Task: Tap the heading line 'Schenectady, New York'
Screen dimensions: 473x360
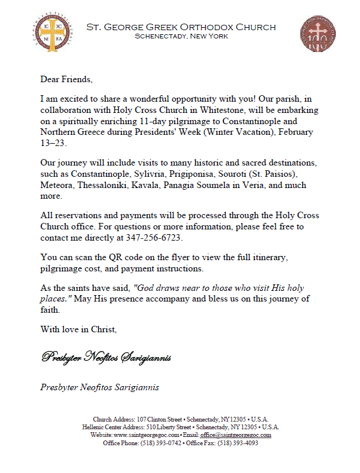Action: [181, 37]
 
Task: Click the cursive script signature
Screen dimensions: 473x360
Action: [106, 357]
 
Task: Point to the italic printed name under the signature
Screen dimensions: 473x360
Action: [99, 388]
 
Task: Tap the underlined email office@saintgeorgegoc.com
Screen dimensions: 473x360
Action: [235, 435]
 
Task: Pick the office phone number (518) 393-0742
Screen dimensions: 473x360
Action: [157, 443]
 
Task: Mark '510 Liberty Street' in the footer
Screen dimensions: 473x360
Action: [169, 427]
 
